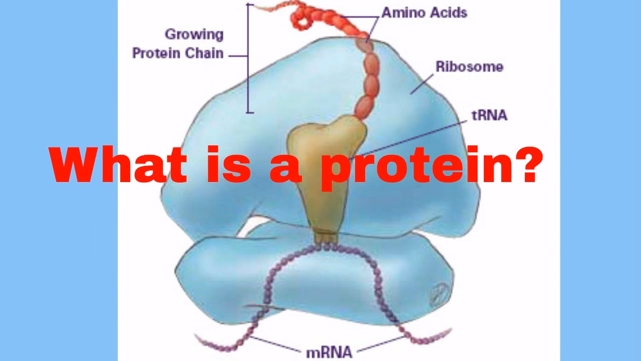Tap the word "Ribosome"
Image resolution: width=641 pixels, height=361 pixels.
coord(469,67)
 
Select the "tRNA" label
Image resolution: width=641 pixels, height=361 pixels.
coord(489,115)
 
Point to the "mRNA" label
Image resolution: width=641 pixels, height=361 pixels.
coord(329,351)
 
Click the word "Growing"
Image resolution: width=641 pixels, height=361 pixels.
coord(194,35)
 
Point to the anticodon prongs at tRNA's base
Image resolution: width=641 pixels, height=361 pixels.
coord(326,238)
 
